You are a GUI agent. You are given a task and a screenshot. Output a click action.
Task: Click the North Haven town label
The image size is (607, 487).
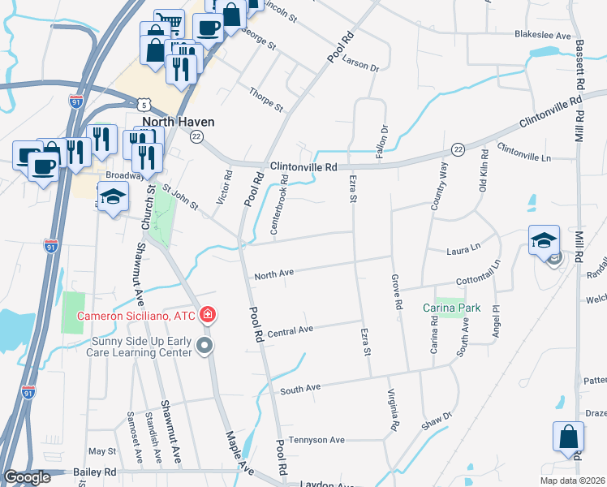(173, 122)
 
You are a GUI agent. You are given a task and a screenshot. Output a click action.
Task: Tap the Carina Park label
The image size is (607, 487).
(451, 308)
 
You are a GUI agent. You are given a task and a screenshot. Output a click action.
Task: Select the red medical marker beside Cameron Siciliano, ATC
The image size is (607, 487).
(209, 315)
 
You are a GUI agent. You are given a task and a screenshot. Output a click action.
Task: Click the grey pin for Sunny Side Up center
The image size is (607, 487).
(204, 347)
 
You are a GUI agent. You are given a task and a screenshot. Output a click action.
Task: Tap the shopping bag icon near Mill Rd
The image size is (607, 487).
(568, 435)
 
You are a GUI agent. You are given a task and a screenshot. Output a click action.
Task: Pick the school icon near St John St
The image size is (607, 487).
(113, 197)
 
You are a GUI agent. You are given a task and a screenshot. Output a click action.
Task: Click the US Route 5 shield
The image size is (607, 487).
(143, 105)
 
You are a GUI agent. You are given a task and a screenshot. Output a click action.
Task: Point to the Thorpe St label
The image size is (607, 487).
(266, 100)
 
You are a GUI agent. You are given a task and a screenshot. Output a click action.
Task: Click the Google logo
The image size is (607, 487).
(27, 477)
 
